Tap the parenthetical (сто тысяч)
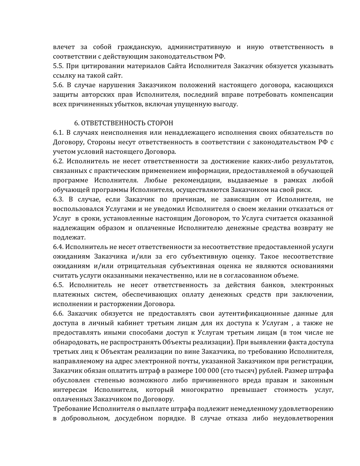point(240,371)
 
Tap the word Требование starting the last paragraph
point(72,409)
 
